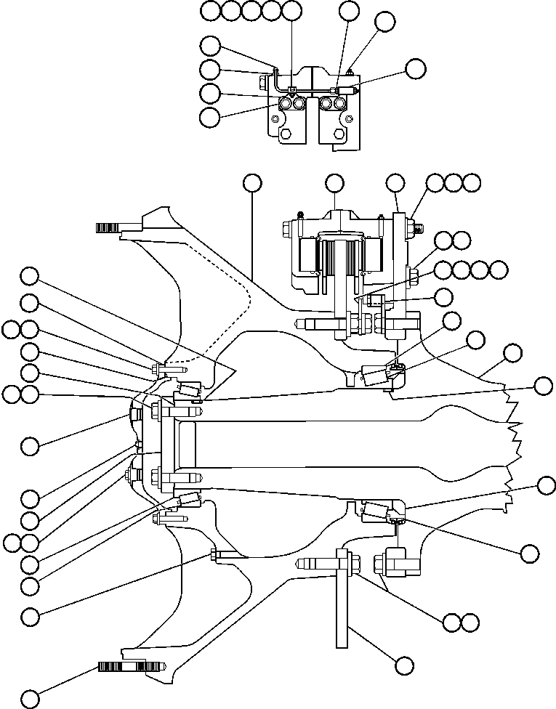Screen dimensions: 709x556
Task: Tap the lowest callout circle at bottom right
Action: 404,665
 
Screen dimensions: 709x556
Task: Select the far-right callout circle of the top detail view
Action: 415,69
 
